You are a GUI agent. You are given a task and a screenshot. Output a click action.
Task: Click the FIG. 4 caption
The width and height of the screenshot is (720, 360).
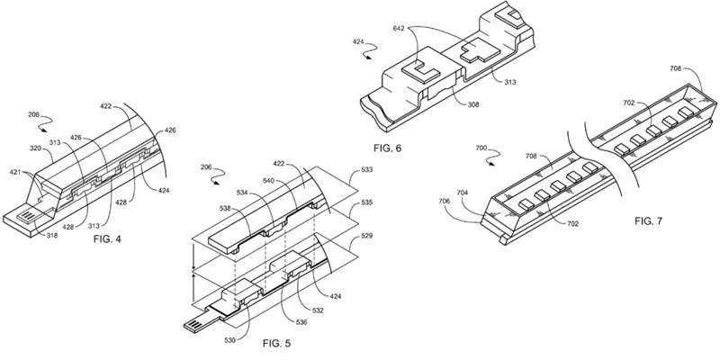click(x=107, y=239)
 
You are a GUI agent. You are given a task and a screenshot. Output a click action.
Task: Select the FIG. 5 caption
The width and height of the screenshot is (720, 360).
click(x=276, y=343)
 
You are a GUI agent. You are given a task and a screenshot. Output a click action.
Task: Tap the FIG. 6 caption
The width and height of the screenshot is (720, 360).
click(x=387, y=148)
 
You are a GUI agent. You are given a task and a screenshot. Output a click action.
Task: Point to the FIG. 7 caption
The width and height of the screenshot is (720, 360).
click(x=648, y=221)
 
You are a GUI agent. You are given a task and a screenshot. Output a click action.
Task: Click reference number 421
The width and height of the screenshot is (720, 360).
click(x=16, y=172)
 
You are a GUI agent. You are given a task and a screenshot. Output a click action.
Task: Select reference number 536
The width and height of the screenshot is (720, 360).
click(x=301, y=322)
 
